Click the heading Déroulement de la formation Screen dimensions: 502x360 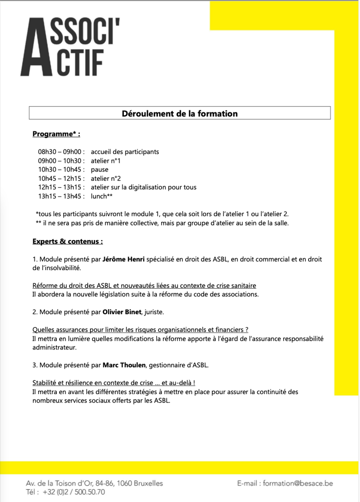180,114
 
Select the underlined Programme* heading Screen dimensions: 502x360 56,134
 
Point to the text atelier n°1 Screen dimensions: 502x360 106,161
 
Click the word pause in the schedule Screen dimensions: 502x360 100,170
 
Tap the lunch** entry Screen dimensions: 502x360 102,196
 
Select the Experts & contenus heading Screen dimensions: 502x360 68,241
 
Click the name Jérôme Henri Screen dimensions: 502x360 123,259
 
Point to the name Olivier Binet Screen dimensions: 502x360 122,312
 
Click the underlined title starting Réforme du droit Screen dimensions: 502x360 144,285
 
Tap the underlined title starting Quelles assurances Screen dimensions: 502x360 140,329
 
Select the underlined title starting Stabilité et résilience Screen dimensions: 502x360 117,382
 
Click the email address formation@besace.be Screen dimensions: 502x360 298,483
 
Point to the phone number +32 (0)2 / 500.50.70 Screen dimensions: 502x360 73,492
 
